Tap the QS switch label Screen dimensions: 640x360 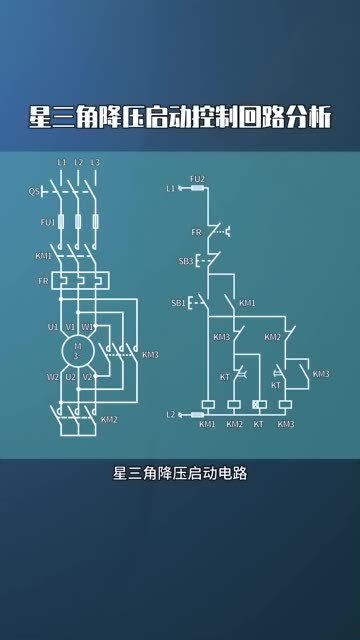point(33,190)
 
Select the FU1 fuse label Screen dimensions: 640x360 point(46,222)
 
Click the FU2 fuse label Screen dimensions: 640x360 point(198,178)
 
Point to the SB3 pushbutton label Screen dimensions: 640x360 point(185,261)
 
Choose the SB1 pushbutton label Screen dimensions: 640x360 point(178,302)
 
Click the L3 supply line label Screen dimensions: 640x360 point(95,162)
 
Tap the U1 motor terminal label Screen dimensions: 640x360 point(52,326)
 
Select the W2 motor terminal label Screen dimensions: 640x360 point(52,377)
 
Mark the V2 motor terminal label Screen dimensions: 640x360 point(87,377)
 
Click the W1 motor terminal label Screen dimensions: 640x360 point(87,326)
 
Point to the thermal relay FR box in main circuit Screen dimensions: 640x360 point(78,281)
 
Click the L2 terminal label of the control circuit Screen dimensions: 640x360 point(171,413)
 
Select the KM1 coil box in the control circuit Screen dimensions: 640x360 point(208,406)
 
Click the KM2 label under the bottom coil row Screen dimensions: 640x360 point(234,425)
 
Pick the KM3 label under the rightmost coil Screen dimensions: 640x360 point(286,425)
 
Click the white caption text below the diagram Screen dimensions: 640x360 point(180,475)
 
